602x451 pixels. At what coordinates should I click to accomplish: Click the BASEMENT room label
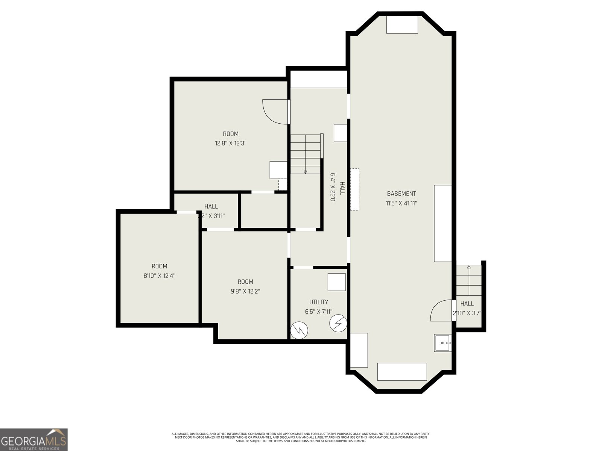coord(401,194)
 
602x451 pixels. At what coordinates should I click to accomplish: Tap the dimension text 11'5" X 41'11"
coord(401,203)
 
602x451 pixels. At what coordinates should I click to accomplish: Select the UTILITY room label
coord(319,302)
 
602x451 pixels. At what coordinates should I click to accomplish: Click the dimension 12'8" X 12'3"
coord(231,143)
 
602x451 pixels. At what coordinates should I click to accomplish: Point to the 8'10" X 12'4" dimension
coord(160,275)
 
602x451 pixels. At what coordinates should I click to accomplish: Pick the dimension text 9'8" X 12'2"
coord(245,291)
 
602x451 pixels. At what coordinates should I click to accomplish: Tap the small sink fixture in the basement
coord(443,343)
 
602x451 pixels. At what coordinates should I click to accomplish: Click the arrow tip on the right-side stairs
coord(469,267)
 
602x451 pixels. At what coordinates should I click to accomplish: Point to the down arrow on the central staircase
coord(305,172)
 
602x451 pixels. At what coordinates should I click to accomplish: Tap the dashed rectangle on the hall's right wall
coord(355,189)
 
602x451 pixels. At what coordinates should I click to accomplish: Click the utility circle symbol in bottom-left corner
coord(299,330)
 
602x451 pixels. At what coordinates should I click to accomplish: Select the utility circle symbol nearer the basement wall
coord(338,323)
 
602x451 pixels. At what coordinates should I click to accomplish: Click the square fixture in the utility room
coord(336,282)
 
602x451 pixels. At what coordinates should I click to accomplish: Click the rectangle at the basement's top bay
coord(402,25)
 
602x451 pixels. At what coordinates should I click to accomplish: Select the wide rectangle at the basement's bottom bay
coord(402,371)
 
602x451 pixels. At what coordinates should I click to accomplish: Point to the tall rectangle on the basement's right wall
coord(442,223)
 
